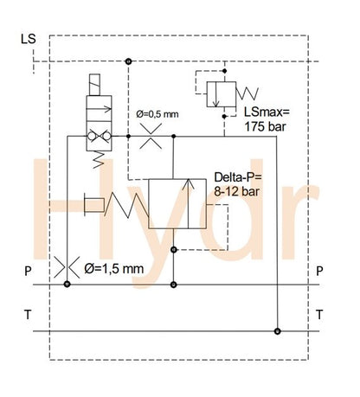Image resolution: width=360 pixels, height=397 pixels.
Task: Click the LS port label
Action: (x=28, y=38)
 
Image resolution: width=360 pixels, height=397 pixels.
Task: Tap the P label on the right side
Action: (x=320, y=271)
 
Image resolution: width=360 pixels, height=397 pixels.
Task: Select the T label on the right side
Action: (x=320, y=312)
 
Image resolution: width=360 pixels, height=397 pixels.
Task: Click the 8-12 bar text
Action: (x=236, y=192)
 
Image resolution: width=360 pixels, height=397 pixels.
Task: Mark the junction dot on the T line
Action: (x=277, y=330)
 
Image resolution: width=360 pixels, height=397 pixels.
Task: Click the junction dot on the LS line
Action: (x=128, y=61)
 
